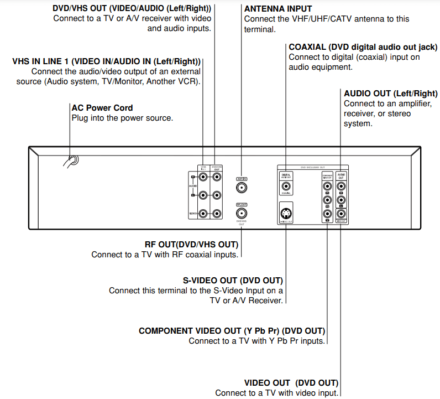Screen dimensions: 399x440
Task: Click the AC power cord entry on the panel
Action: (x=72, y=161)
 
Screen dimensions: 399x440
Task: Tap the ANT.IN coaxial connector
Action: (x=242, y=188)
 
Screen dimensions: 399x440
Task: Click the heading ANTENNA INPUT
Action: (x=278, y=9)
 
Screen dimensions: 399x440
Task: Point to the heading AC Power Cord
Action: (x=102, y=108)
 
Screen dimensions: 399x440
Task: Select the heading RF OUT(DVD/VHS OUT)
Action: (x=191, y=245)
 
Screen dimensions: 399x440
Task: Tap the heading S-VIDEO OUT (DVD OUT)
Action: (x=233, y=281)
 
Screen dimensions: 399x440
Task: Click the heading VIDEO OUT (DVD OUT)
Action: (x=291, y=383)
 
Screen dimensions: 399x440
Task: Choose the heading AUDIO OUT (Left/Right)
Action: (x=390, y=94)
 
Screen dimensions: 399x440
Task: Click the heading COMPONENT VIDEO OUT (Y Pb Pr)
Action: (x=232, y=331)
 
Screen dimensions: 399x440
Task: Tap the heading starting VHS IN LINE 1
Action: (x=106, y=61)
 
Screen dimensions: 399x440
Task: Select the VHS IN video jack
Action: (x=204, y=214)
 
